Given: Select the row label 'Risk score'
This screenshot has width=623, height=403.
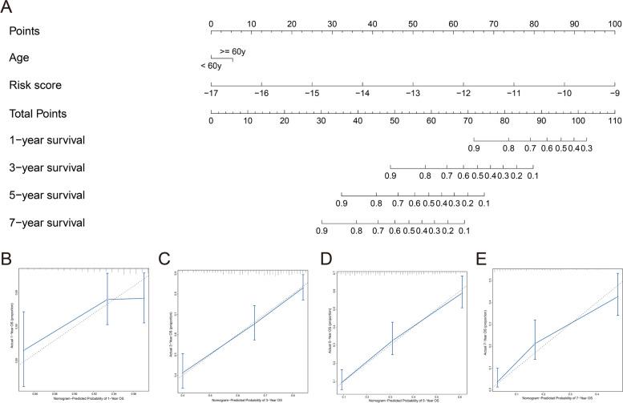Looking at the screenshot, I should tap(35, 84).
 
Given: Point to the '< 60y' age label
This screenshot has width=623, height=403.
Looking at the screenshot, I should tap(212, 65).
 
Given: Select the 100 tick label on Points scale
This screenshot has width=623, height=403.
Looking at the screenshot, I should tap(613, 23).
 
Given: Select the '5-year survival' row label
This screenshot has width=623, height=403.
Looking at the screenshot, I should tap(45, 195).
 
